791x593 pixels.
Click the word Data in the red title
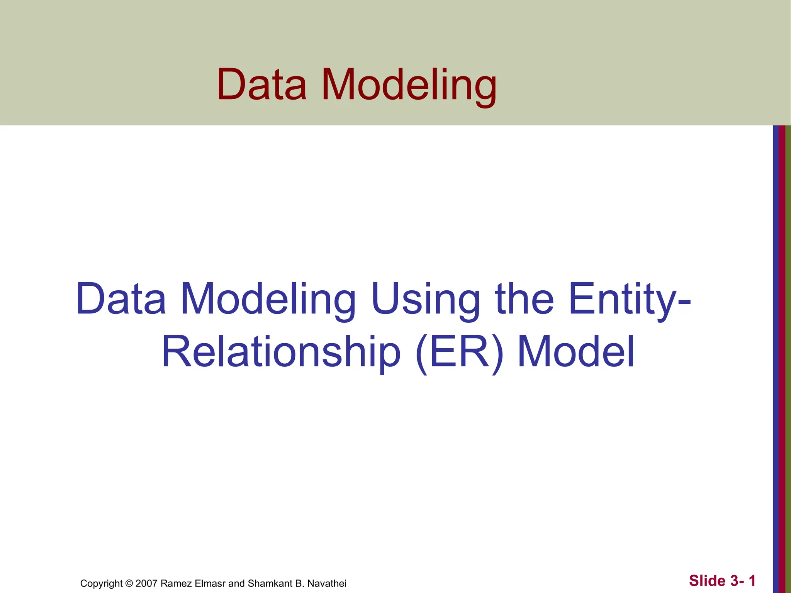coord(262,85)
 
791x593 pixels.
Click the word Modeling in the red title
coord(409,86)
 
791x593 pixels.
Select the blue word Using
coord(425,300)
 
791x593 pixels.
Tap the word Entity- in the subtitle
coord(629,300)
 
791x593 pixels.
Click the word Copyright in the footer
coord(101,584)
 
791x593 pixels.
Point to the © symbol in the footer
coord(129,583)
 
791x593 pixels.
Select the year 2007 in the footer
coord(146,583)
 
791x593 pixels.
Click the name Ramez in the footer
coord(173,583)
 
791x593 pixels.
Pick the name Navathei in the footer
coord(327,583)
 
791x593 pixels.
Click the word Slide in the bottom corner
coord(707,581)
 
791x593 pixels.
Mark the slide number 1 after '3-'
coord(752,581)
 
